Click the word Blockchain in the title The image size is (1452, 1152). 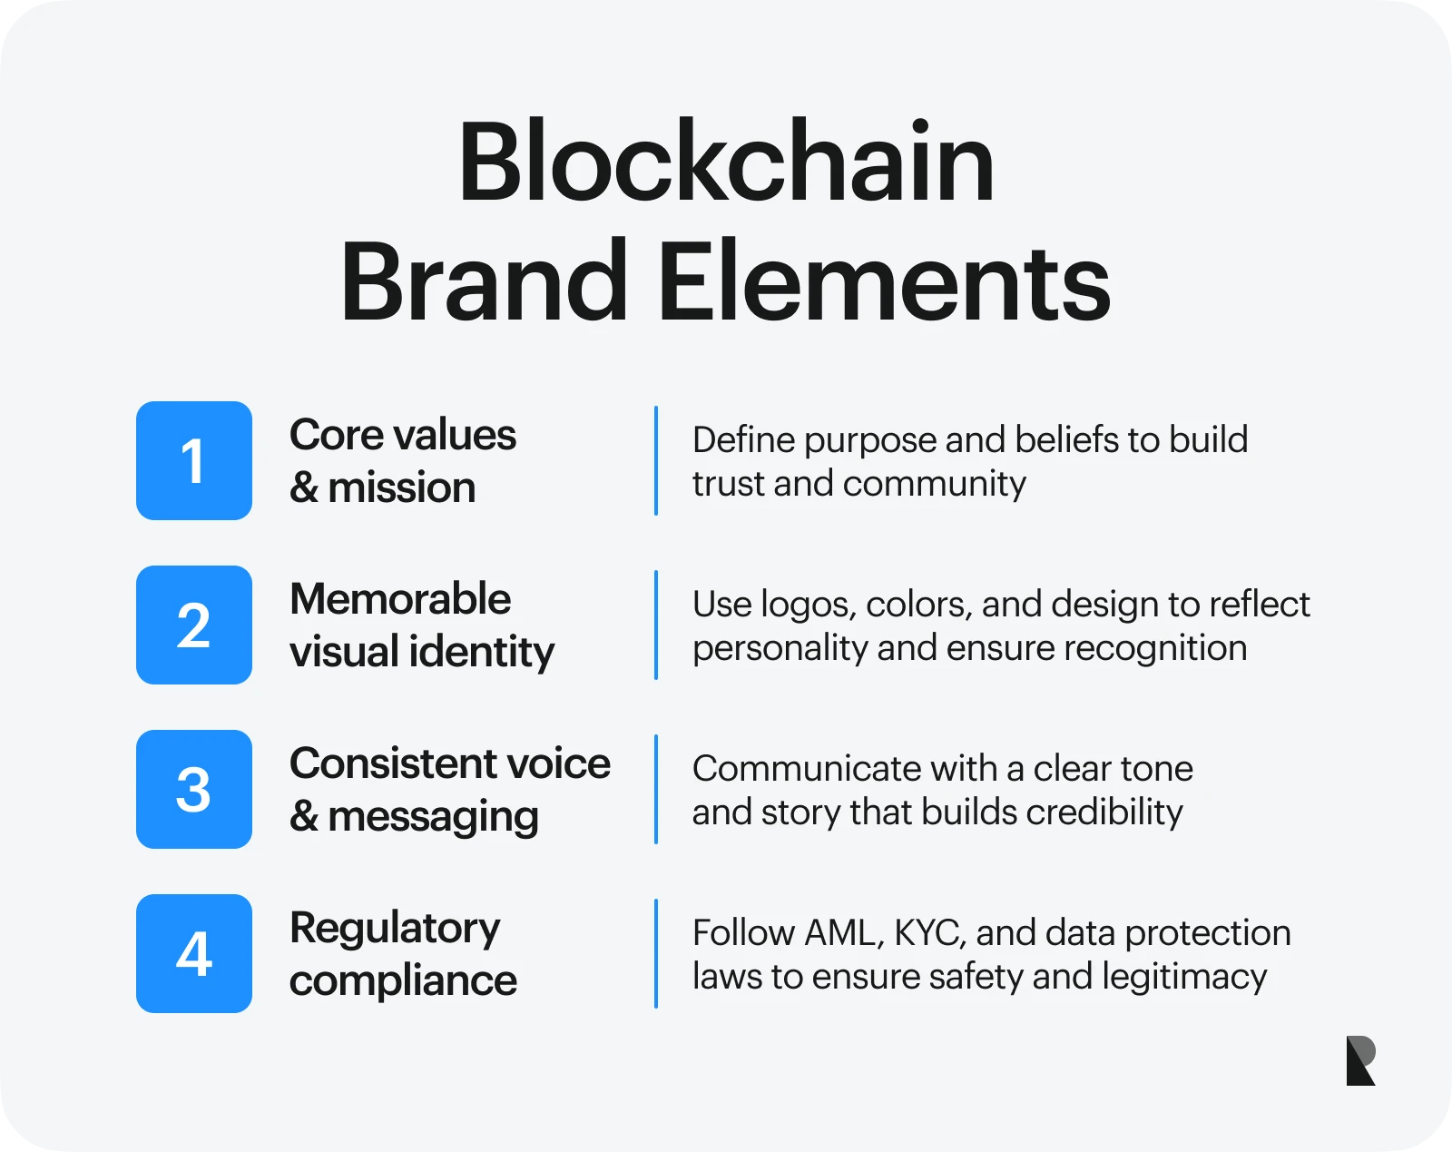coord(726,160)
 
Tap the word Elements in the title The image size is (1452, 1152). coord(884,281)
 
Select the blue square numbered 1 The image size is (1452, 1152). coord(194,460)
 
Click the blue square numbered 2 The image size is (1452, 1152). coord(194,625)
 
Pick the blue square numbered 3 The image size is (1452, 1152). coord(194,789)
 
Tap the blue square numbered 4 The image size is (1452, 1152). coord(194,953)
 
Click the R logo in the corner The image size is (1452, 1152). coord(1360,1060)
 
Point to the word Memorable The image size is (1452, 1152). coord(400,598)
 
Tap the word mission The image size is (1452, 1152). coord(401,487)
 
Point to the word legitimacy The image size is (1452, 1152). coord(1185,977)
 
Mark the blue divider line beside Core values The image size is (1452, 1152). coord(656,461)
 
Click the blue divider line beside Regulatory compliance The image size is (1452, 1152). coord(656,953)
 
